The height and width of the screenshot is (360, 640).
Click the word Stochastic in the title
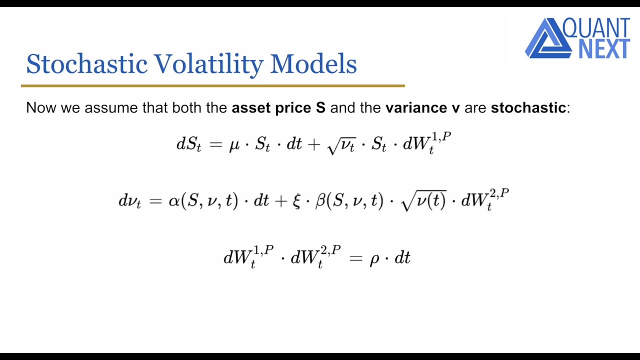pyautogui.click(x=86, y=64)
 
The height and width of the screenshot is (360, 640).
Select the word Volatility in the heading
pyautogui.click(x=208, y=64)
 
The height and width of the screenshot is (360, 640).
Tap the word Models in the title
pyautogui.click(x=313, y=64)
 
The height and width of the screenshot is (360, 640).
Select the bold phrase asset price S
pyautogui.click(x=278, y=107)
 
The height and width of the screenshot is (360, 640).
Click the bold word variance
pyautogui.click(x=416, y=107)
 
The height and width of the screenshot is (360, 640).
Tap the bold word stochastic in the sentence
pyautogui.click(x=528, y=107)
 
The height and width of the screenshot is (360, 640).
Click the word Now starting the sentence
pyautogui.click(x=41, y=107)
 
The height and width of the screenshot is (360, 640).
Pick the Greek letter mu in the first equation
pyautogui.click(x=234, y=145)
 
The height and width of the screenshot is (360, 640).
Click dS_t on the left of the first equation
pyautogui.click(x=188, y=144)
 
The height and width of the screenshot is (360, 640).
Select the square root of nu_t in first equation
pyautogui.click(x=341, y=145)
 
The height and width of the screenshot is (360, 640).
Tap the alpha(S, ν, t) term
pyautogui.click(x=203, y=201)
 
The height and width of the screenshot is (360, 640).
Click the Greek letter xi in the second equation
pyautogui.click(x=296, y=201)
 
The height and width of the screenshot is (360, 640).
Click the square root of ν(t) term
pyautogui.click(x=423, y=201)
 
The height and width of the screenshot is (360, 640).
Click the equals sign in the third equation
pyautogui.click(x=355, y=258)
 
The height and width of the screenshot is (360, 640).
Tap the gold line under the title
pyautogui.click(x=212, y=86)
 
